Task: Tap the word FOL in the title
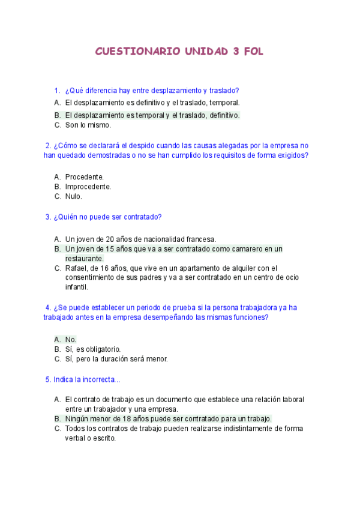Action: point(252,52)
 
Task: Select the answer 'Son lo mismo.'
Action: point(88,125)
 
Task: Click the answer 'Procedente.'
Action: point(85,177)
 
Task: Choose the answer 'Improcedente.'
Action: point(88,187)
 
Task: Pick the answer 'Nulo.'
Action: point(74,196)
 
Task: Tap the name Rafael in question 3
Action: point(76,268)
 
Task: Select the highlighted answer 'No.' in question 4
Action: point(71,339)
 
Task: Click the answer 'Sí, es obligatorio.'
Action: point(93,349)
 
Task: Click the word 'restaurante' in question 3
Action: point(84,258)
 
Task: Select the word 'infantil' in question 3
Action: point(77,287)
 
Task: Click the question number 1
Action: point(57,91)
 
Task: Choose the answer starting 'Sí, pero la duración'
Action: point(116,359)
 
